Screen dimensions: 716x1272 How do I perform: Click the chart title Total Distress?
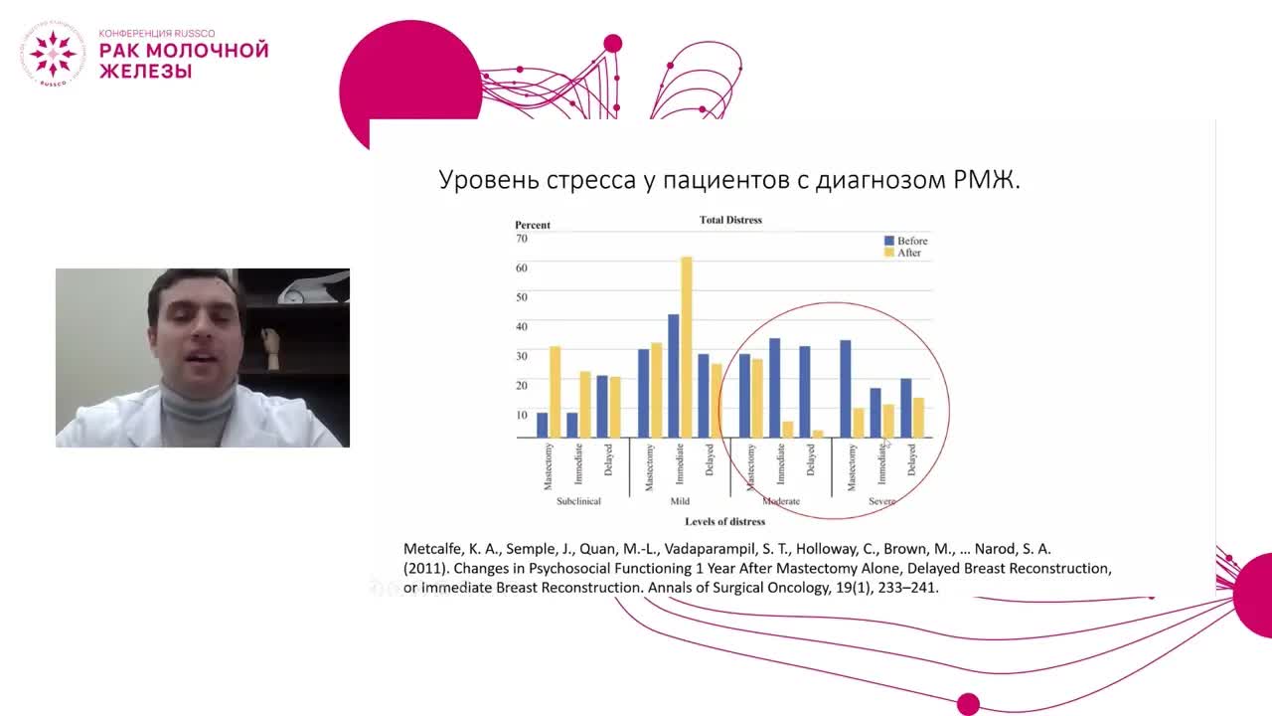(730, 220)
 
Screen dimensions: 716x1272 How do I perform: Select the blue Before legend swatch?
(889, 241)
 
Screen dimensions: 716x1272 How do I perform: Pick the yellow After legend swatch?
(889, 253)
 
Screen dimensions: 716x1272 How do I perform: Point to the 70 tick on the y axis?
(522, 239)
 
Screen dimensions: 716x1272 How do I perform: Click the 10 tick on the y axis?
(522, 413)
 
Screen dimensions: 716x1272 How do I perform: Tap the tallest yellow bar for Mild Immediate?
(686, 348)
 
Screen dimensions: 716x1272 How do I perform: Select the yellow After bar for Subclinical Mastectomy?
(555, 392)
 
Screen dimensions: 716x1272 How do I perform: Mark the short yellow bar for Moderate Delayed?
(818, 434)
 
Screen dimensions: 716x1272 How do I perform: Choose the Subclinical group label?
(578, 501)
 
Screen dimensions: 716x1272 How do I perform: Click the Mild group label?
(680, 501)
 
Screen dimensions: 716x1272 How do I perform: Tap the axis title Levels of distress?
(724, 521)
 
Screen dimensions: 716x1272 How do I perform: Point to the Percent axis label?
(533, 225)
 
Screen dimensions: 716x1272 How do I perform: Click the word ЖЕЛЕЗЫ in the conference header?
(145, 71)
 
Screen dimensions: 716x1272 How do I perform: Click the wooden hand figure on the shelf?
(271, 348)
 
